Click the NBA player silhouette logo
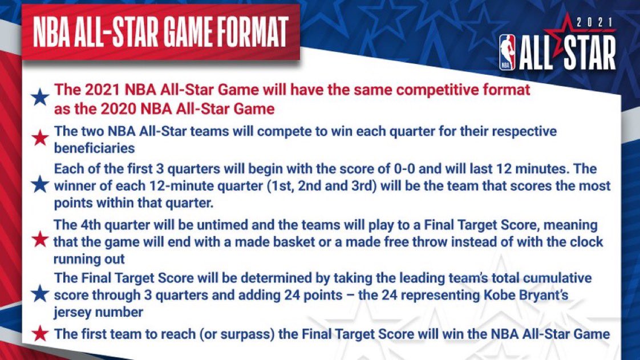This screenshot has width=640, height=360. click(x=507, y=52)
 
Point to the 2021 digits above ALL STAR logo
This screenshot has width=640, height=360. click(x=595, y=23)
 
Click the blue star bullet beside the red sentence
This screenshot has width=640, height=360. click(x=40, y=98)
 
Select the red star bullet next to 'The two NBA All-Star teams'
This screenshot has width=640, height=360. click(x=40, y=138)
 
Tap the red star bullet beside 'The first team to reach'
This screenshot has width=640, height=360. click(x=40, y=333)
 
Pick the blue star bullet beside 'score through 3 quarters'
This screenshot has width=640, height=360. click(x=40, y=294)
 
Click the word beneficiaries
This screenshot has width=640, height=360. click(x=94, y=148)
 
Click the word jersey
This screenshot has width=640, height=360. click(x=72, y=312)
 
